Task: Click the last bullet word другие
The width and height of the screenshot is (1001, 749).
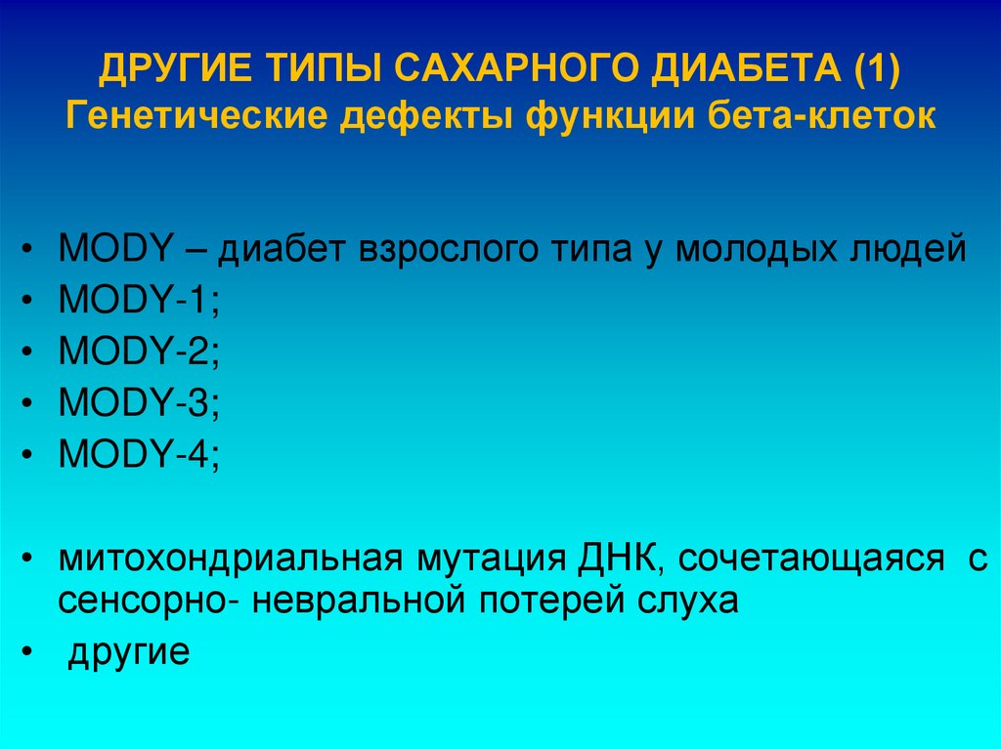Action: [x=128, y=652]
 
